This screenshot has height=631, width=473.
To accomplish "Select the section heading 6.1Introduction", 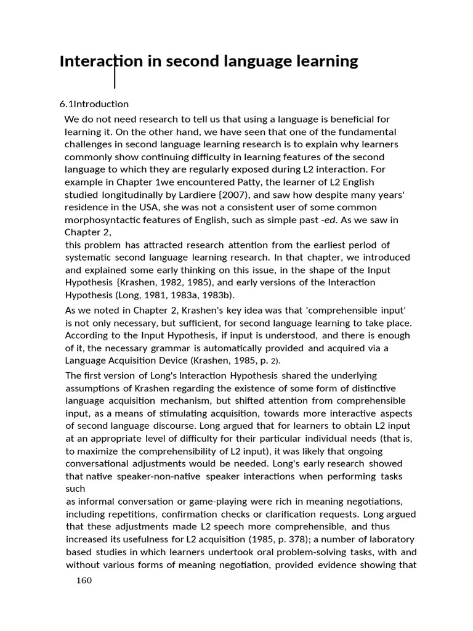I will (94, 104).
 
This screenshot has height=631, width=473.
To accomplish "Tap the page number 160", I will (83, 580).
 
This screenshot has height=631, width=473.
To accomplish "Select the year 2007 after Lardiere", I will (253, 195).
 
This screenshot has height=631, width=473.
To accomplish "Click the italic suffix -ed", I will (331, 219).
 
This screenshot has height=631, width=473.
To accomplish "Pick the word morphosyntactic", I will (102, 219).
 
